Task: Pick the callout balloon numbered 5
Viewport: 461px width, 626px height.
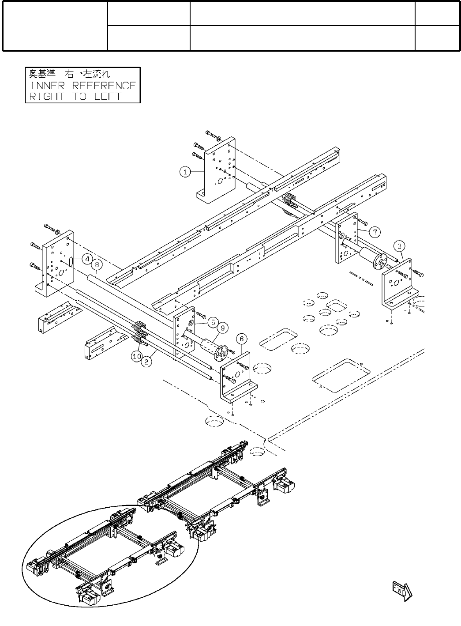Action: click(213, 322)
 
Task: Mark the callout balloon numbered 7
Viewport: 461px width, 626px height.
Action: click(374, 231)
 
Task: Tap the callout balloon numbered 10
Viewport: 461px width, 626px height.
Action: click(136, 356)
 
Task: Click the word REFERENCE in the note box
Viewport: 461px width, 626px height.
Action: click(104, 86)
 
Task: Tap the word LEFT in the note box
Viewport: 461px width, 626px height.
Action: click(107, 97)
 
